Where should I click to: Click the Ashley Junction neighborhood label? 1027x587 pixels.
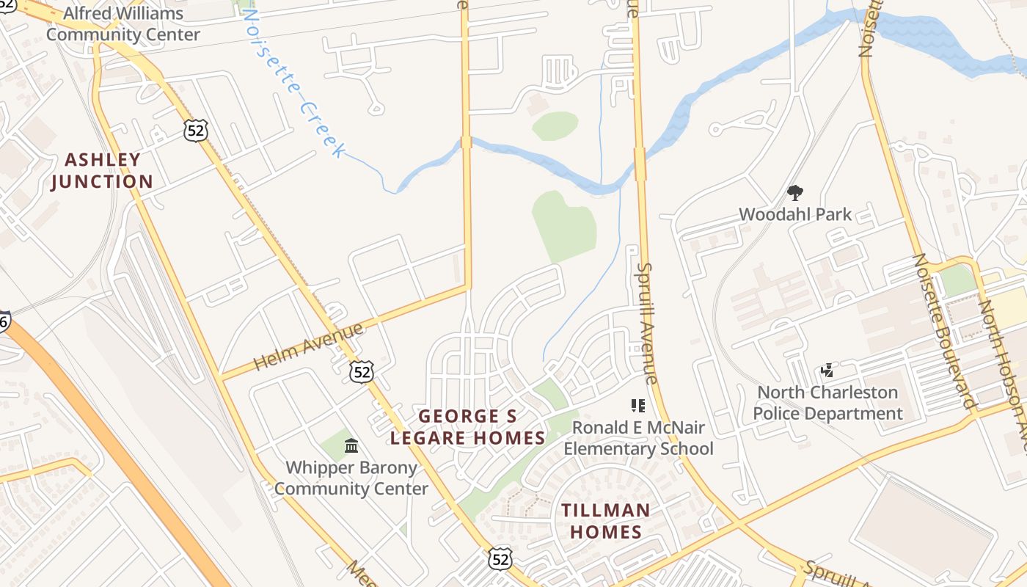tap(102, 170)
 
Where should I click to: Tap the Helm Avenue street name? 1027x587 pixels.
tap(308, 346)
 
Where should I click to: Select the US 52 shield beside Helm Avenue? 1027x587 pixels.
tap(361, 372)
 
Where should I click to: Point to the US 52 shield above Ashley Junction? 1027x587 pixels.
tap(197, 131)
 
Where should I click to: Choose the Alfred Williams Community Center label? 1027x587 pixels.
tap(123, 23)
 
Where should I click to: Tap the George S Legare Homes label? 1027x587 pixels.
tap(467, 427)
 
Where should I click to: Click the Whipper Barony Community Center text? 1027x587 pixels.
tap(351, 478)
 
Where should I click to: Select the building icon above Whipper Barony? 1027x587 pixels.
tap(351, 445)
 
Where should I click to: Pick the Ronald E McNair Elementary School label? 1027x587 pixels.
tap(638, 438)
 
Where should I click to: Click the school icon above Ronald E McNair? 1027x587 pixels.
tap(637, 405)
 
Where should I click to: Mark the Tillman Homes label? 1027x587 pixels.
tap(606, 521)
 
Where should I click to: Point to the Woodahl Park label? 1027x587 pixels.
tap(795, 214)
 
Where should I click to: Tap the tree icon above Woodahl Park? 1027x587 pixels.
tap(794, 193)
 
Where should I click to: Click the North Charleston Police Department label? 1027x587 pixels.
tap(827, 403)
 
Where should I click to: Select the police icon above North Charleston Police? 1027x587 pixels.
tap(827, 371)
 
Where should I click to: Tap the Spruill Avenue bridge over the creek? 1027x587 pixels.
tap(640, 164)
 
